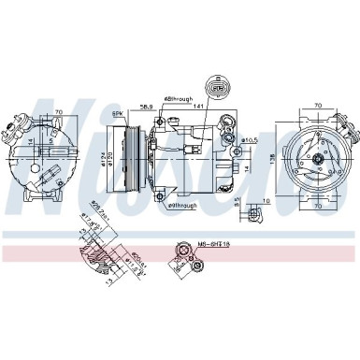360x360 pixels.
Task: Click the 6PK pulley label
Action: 118,113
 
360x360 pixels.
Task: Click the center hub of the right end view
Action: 317,160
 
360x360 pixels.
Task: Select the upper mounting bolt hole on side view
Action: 163,122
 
